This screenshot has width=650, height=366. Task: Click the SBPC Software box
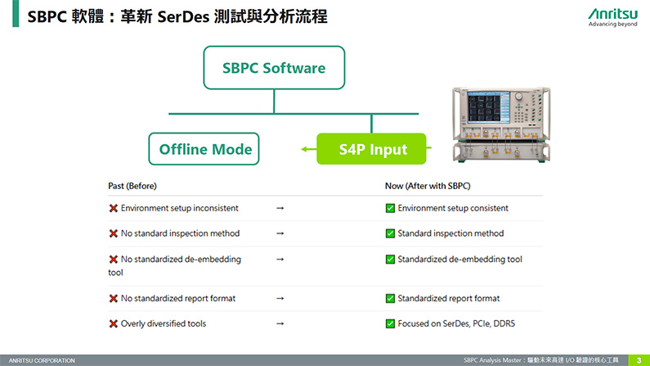tap(274, 68)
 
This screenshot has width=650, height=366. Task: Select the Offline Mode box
tap(204, 149)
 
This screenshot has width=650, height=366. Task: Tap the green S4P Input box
tap(371, 149)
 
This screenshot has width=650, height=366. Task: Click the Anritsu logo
tap(612, 17)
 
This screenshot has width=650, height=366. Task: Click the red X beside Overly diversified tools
tap(113, 323)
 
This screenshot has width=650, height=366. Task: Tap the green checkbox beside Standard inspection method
tap(390, 233)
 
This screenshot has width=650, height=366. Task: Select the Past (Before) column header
tap(132, 186)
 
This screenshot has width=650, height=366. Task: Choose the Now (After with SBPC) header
tap(428, 186)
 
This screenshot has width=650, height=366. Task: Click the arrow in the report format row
tap(280, 298)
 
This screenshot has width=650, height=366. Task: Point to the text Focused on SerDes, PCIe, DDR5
tap(456, 323)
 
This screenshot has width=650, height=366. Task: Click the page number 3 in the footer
tap(639, 360)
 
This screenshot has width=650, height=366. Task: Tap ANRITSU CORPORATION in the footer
tap(42, 360)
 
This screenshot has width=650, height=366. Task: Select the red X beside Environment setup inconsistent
tap(113, 208)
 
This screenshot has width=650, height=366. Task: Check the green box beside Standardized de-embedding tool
tap(390, 260)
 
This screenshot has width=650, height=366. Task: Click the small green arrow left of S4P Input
tap(309, 149)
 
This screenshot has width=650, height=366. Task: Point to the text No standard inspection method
tap(181, 233)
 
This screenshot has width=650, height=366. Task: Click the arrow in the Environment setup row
tap(280, 208)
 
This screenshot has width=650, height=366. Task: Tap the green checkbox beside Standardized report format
tap(390, 298)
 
